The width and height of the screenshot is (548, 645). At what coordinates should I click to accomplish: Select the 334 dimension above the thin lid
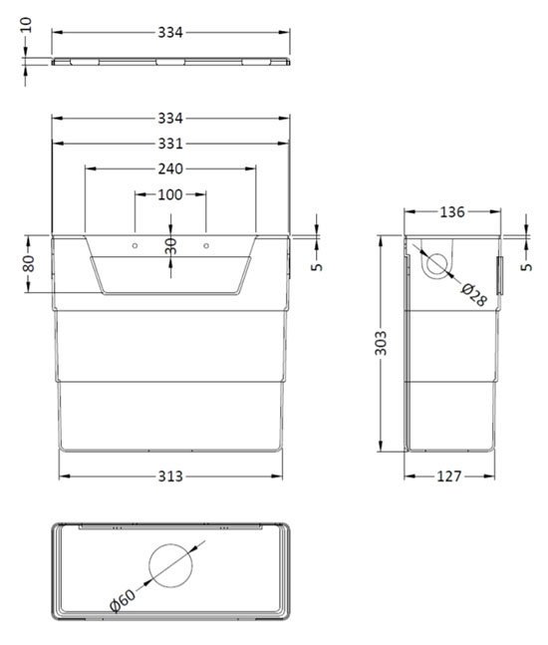tap(170, 32)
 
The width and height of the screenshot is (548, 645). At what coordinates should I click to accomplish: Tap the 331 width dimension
tap(170, 146)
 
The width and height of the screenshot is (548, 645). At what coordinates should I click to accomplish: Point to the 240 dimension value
tap(170, 168)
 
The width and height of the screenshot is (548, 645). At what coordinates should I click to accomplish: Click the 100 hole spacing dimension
tap(170, 194)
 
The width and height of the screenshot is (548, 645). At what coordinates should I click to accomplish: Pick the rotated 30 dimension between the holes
tap(170, 244)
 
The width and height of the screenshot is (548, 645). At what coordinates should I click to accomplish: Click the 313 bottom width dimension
tap(170, 476)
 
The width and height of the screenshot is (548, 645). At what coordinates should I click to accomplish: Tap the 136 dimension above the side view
tap(452, 211)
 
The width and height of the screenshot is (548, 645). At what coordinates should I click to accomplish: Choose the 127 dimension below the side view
tap(449, 476)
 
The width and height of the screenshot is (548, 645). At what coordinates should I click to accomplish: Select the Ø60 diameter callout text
tap(123, 602)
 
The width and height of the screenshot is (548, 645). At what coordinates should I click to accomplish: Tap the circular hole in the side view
tap(435, 264)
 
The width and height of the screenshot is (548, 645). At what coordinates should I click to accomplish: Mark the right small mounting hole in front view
tap(205, 243)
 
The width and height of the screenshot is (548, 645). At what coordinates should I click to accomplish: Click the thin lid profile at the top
tap(170, 62)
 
